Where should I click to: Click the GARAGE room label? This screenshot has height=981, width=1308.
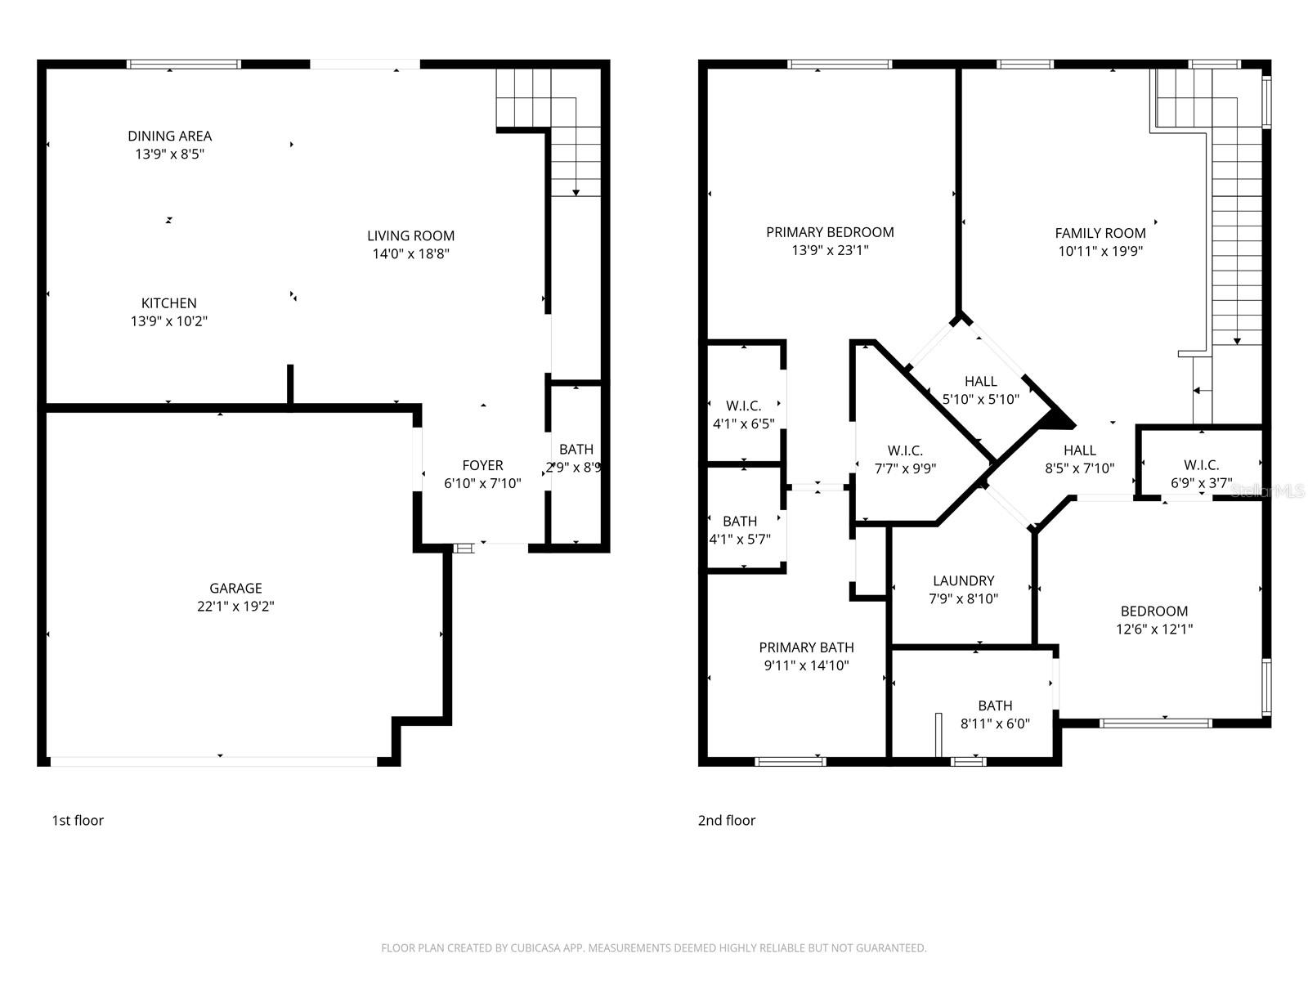[235, 588]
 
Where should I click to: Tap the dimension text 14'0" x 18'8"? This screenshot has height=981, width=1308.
[410, 254]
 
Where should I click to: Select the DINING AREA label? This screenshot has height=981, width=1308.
[169, 136]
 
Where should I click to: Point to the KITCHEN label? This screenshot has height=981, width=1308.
[168, 302]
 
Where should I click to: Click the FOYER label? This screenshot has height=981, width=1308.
[482, 465]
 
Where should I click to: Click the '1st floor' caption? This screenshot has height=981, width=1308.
[78, 820]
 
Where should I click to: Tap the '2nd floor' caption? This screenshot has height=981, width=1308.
[726, 820]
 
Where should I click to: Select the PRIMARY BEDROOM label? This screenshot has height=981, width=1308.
[830, 232]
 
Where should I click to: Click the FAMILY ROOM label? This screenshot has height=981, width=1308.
[1100, 233]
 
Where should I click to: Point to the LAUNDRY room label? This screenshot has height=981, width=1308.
[963, 580]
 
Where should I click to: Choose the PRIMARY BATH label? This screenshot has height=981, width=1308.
[806, 647]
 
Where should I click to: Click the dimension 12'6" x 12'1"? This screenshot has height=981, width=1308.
[1154, 629]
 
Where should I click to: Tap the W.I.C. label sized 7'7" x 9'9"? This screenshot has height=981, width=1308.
[905, 450]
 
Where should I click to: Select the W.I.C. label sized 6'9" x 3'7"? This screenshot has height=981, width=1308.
[1201, 465]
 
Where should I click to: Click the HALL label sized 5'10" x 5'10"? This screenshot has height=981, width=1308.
[980, 381]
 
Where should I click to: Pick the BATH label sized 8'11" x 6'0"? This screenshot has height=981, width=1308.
[995, 706]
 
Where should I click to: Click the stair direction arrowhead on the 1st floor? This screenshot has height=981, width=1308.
[576, 193]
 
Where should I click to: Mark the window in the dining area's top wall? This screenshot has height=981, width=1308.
[184, 64]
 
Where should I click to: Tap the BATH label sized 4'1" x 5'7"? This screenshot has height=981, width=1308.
[740, 521]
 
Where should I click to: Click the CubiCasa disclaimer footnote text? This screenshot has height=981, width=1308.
[653, 948]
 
